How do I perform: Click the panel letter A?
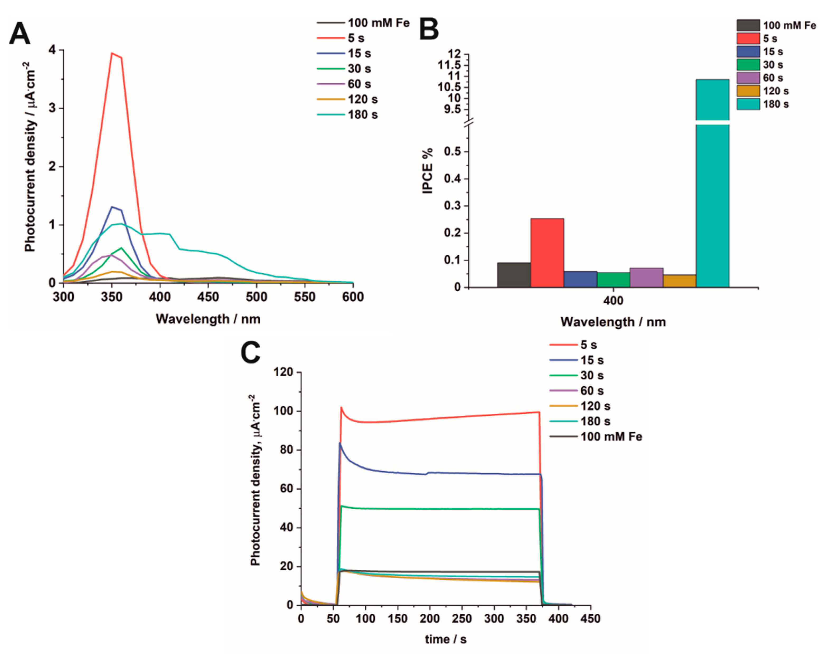pyautogui.click(x=20, y=34)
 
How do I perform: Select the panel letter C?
pyautogui.click(x=250, y=352)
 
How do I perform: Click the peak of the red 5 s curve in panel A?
pyautogui.click(x=112, y=54)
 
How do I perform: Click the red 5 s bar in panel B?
pyautogui.click(x=547, y=252)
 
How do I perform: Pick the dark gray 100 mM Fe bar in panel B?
pyautogui.click(x=514, y=275)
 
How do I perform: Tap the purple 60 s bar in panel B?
pyautogui.click(x=646, y=277)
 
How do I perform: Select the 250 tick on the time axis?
pyautogui.click(x=462, y=618)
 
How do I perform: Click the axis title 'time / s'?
pyautogui.click(x=446, y=639)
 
